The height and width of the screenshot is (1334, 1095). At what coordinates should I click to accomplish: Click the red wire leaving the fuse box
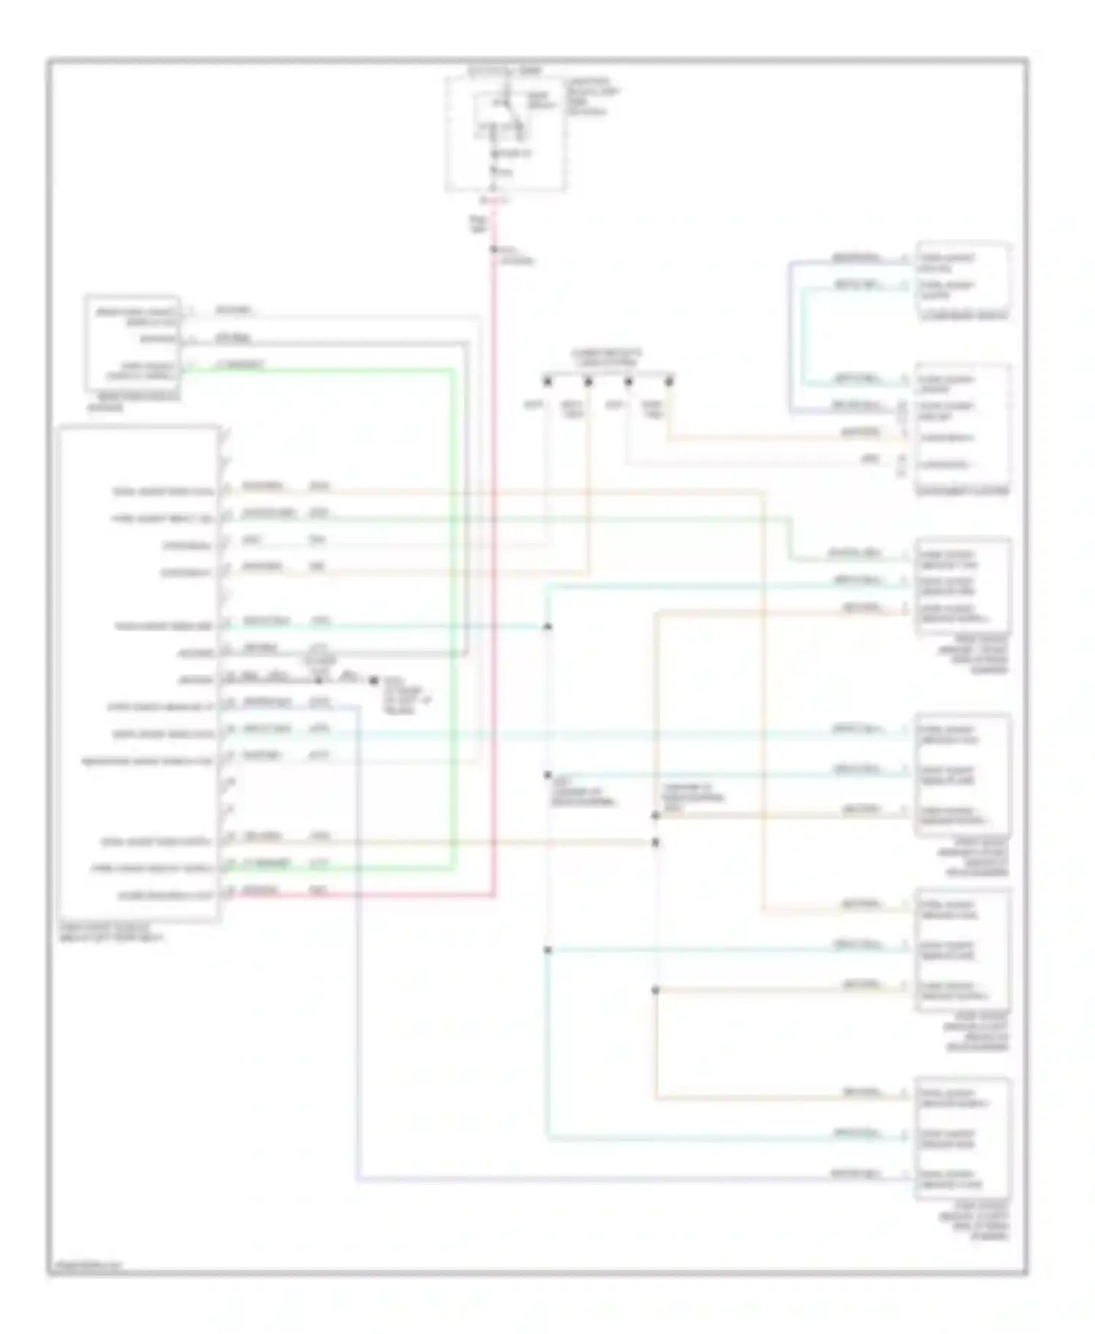pos(495,511)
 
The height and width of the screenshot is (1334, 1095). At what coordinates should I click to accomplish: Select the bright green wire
pos(452,620)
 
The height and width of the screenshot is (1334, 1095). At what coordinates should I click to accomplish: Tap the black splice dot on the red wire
pos(494,249)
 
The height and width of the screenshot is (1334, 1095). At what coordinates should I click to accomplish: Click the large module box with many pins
pos(139,671)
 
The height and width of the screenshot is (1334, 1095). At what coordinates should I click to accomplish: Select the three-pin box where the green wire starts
pos(132,343)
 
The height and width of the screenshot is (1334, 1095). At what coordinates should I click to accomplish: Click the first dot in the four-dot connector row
pos(547,381)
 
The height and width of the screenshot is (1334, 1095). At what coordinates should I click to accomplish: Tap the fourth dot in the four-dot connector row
pos(669,381)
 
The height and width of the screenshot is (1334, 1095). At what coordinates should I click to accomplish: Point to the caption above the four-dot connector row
pos(605,358)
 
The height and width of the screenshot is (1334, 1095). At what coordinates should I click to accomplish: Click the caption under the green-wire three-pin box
pos(132,402)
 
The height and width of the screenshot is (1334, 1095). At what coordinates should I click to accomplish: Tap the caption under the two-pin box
pos(963,316)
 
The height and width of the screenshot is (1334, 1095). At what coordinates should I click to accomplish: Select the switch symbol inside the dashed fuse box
pos(506,109)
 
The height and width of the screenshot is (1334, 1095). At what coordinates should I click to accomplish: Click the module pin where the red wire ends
pos(231,892)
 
